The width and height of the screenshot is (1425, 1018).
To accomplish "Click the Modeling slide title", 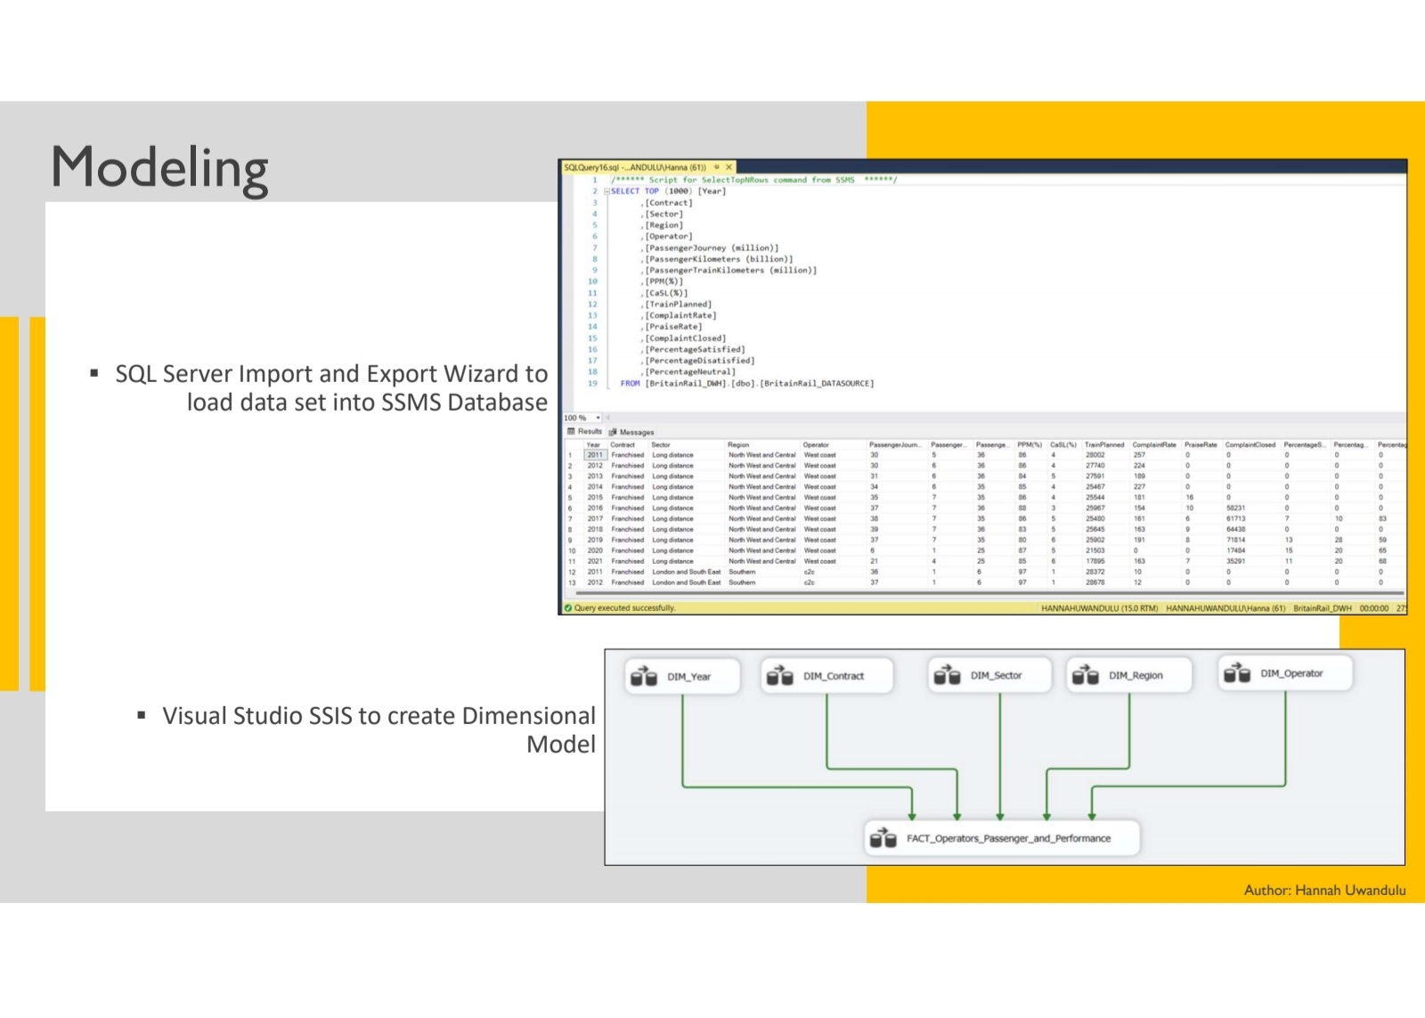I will (x=160, y=168).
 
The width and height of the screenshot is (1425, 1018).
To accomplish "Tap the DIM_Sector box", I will (x=989, y=676).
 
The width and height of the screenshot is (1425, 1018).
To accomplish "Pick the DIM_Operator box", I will (x=1285, y=674).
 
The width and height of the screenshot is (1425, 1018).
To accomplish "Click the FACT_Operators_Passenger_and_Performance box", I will (x=1002, y=839).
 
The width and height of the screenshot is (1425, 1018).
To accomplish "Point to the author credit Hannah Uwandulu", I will (x=1324, y=890).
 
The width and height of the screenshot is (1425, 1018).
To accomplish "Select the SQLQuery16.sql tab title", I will (x=634, y=167).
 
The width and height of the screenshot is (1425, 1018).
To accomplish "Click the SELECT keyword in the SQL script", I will (x=625, y=191).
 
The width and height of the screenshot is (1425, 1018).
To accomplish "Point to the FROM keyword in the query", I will (x=630, y=384).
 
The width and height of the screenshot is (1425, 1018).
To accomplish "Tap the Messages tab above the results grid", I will (x=636, y=432).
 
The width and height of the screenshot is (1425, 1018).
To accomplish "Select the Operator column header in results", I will (x=816, y=444).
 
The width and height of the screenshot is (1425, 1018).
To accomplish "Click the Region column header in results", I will (x=738, y=444).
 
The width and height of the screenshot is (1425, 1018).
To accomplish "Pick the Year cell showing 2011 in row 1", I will (x=595, y=455).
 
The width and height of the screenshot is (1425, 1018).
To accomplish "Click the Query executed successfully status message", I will (x=624, y=608).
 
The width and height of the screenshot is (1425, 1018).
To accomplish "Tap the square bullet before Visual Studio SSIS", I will (x=142, y=715).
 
